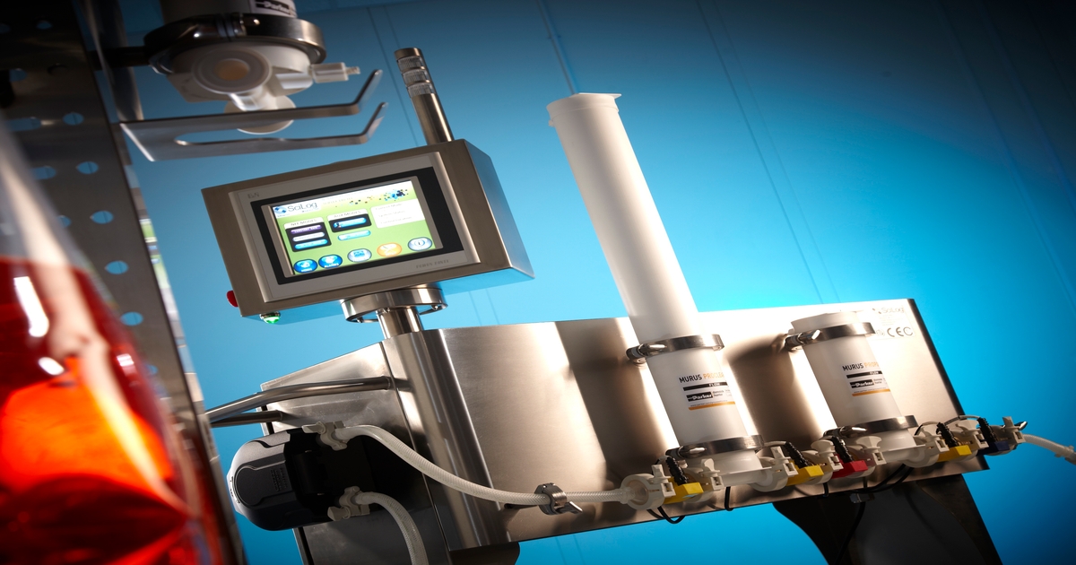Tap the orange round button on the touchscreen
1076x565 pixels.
(x=388, y=249)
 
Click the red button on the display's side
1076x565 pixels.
(x=231, y=298)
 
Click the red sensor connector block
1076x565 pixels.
(x=848, y=465)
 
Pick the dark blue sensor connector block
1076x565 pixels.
(x=995, y=443)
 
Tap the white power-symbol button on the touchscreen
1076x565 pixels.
(x=419, y=243)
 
